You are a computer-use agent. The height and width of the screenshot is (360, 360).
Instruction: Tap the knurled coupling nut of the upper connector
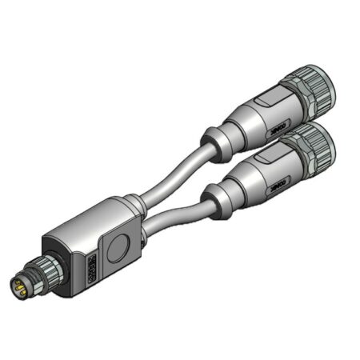tap(316, 85)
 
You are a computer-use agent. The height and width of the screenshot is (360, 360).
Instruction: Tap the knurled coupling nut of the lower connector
tap(321, 144)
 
